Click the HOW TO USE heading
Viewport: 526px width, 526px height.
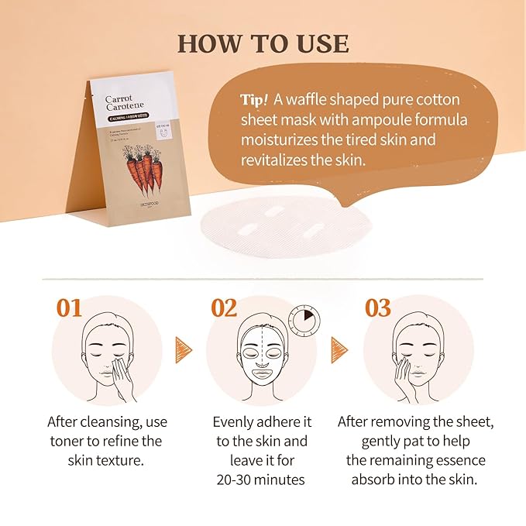coord(263,43)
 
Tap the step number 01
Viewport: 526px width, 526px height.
coord(69,308)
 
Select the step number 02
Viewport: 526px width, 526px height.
coord(224,308)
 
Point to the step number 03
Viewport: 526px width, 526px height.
coord(378,308)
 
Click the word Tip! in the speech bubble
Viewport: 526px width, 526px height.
coord(255,101)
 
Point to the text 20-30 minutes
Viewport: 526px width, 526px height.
coord(260,479)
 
